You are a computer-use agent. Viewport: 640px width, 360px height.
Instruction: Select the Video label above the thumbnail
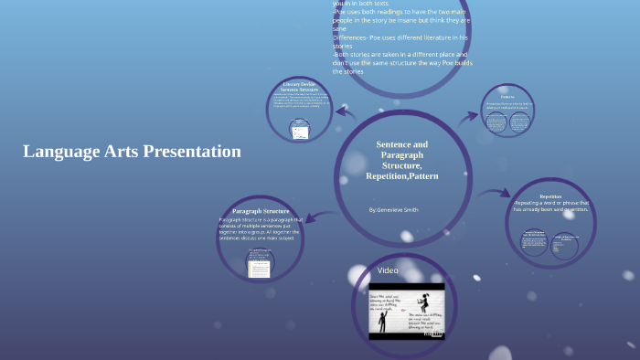tap(388, 270)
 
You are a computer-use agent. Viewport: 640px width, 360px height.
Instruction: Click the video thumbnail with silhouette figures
tap(406, 311)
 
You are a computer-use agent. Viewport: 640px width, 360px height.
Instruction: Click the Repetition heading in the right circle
tap(550, 196)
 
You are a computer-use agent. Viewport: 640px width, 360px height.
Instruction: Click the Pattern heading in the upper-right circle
tap(507, 97)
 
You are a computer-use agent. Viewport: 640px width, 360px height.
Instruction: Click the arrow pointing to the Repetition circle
tap(495, 193)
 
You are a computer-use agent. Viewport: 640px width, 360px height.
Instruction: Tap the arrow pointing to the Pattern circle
tap(469, 116)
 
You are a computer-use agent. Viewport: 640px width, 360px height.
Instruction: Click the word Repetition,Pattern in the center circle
tap(401, 175)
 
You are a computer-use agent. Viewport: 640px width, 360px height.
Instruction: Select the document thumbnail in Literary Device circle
tap(299, 132)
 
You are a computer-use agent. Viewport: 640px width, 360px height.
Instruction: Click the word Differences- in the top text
tap(355, 37)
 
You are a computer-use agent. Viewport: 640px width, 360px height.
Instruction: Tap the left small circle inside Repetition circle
tap(534, 246)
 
